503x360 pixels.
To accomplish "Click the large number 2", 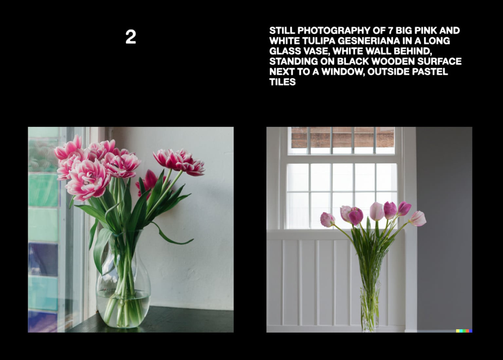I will pyautogui.click(x=131, y=37).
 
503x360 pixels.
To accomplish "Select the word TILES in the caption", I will pyautogui.click(x=282, y=82).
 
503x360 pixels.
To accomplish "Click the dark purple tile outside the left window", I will pyautogui.click(x=43, y=259).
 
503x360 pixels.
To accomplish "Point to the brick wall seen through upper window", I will pyautogui.click(x=342, y=137).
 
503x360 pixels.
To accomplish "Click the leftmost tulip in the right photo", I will pyautogui.click(x=327, y=219).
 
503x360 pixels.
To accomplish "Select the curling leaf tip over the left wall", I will pyautogui.click(x=183, y=243).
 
